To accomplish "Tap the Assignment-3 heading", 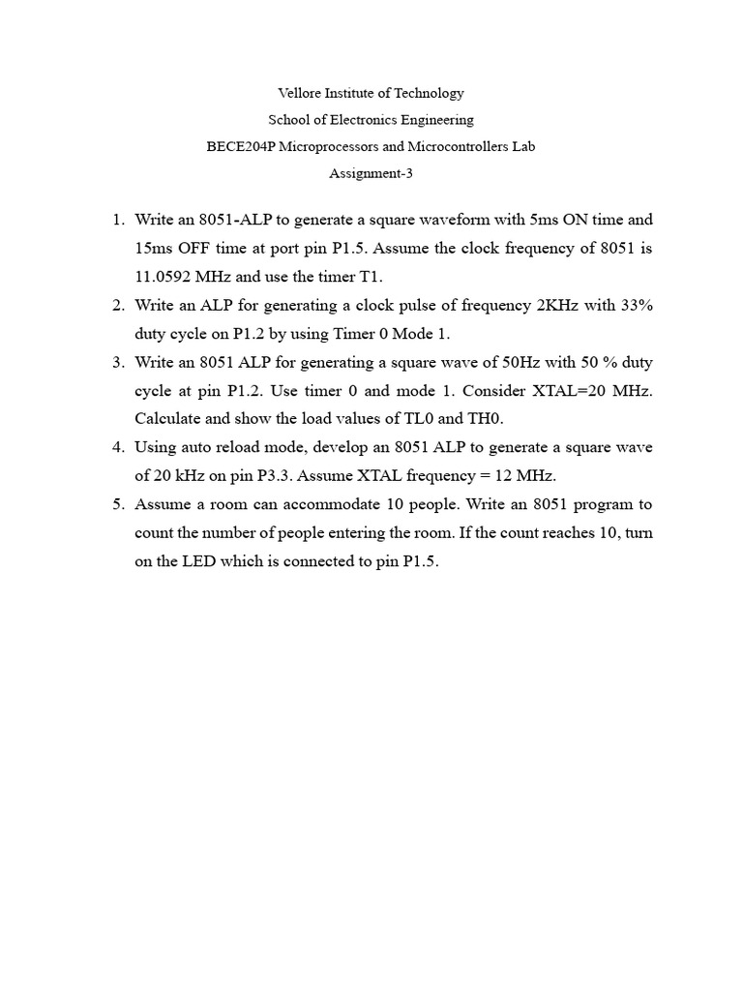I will tap(371, 174).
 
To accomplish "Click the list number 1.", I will tap(118, 220).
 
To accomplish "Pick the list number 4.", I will tap(118, 448).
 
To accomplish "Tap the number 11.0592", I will tap(166, 277).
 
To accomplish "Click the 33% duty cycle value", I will tap(633, 305).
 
